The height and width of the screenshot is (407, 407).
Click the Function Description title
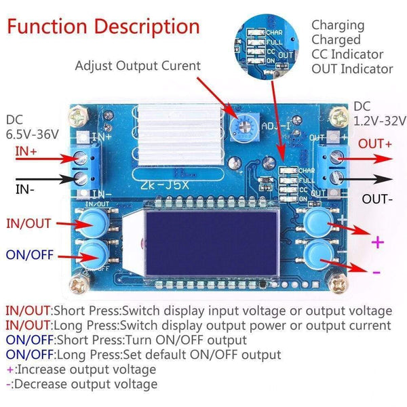[104, 26]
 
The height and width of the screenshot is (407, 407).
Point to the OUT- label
[376, 200]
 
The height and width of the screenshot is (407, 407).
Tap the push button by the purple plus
[317, 221]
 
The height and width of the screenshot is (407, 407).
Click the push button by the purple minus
[317, 255]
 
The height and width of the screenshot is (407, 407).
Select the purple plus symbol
[376, 242]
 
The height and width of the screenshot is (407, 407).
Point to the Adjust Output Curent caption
[138, 66]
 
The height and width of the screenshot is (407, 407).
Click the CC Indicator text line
[347, 54]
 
